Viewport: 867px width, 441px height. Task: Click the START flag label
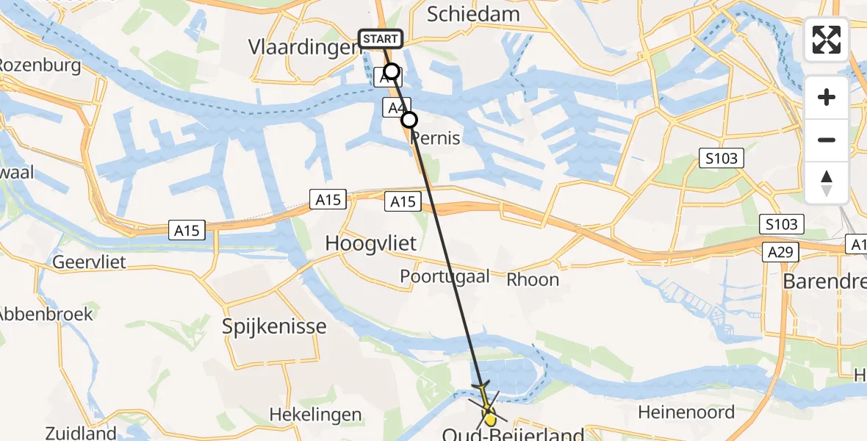(x=380, y=38)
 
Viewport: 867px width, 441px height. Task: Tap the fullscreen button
(x=827, y=40)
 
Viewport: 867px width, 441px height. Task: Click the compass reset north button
(x=827, y=183)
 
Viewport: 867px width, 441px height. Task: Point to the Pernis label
(x=436, y=137)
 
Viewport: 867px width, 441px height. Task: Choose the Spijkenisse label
(x=275, y=326)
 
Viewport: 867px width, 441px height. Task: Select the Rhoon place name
(x=533, y=279)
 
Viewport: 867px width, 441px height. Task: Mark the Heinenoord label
(x=686, y=412)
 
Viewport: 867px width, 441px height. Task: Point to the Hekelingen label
(x=315, y=415)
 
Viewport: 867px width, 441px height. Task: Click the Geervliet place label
(x=89, y=262)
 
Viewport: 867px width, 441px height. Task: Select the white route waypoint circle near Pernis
(x=409, y=119)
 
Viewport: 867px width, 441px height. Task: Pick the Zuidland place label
(x=81, y=433)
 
